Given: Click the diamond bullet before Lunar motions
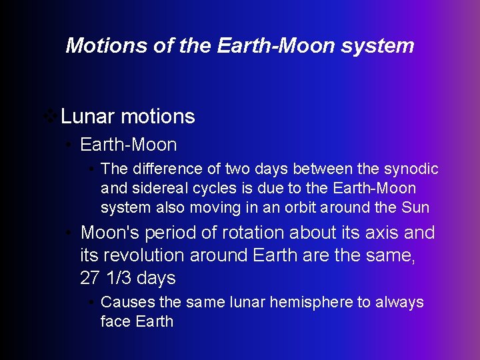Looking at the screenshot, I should pos(49,117).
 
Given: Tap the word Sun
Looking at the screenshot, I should pos(415,207).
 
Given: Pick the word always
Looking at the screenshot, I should pos(399,302).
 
